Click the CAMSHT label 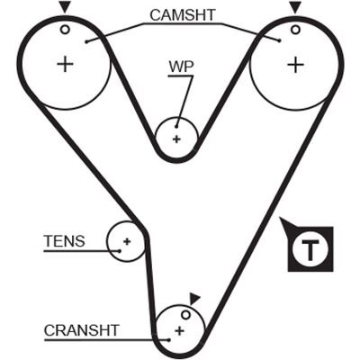(x=183, y=15)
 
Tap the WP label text (x=181, y=67)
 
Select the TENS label (x=65, y=241)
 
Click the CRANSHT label (x=82, y=330)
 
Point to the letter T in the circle (x=310, y=250)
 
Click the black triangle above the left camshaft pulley (x=65, y=7)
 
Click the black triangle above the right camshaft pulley (x=295, y=7)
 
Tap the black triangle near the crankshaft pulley (x=194, y=299)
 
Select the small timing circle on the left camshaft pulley (x=65, y=30)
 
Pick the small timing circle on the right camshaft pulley (x=295, y=30)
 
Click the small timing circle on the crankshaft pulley (x=186, y=315)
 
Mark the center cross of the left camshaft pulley (x=65, y=64)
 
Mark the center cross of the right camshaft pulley (x=296, y=64)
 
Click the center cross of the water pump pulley (x=176, y=139)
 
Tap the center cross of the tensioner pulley (x=127, y=241)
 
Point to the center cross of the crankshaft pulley (x=179, y=331)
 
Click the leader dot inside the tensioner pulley (x=120, y=251)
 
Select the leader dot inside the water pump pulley (x=177, y=127)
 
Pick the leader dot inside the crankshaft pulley (x=169, y=340)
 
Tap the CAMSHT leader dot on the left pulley (x=86, y=41)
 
